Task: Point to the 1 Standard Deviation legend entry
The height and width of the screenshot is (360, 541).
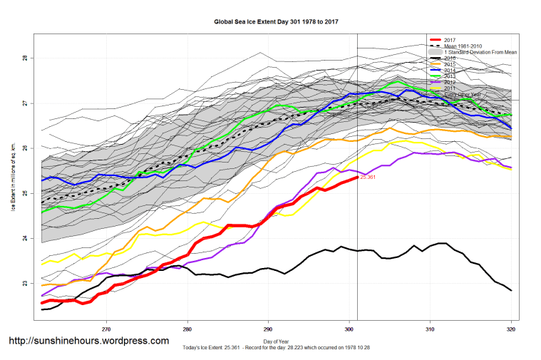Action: click(480, 53)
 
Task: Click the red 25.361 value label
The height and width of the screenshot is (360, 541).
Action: click(370, 177)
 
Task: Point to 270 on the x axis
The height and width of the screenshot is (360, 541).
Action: click(107, 329)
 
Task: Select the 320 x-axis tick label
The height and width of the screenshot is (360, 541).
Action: click(511, 329)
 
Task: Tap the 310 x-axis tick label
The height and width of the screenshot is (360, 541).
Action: click(431, 329)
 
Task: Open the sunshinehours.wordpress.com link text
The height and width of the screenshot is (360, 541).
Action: click(88, 341)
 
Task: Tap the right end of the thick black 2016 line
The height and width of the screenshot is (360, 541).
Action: click(511, 290)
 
